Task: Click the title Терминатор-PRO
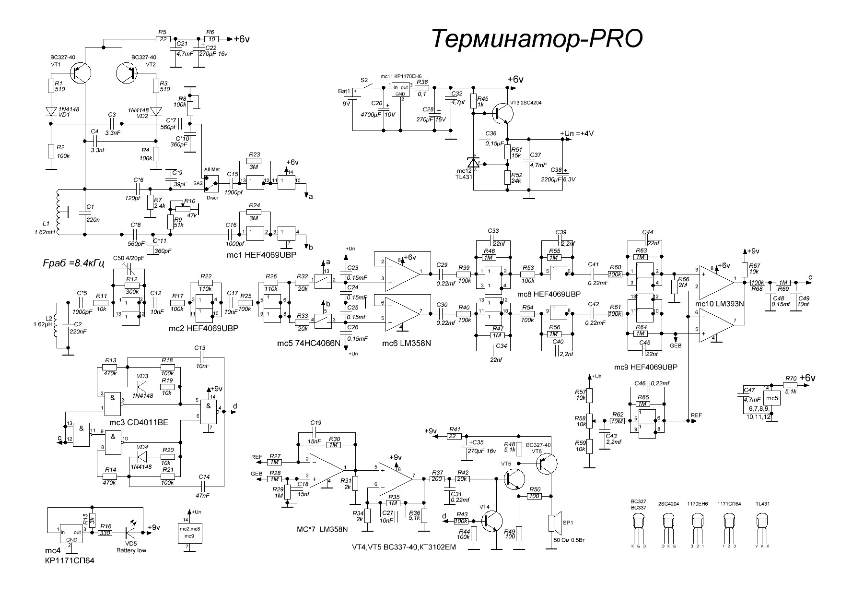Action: point(537,39)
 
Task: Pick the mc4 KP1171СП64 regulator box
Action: point(70,533)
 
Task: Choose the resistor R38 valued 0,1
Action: point(422,88)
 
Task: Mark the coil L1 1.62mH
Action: point(58,211)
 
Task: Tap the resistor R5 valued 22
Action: point(163,39)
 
